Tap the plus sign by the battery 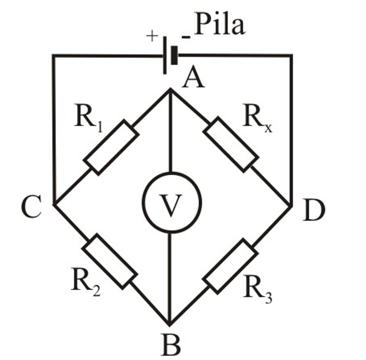152,36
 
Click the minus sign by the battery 185,37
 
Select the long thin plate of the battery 165,55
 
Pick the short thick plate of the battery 174,55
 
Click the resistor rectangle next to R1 111,147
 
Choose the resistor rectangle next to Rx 229,145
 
